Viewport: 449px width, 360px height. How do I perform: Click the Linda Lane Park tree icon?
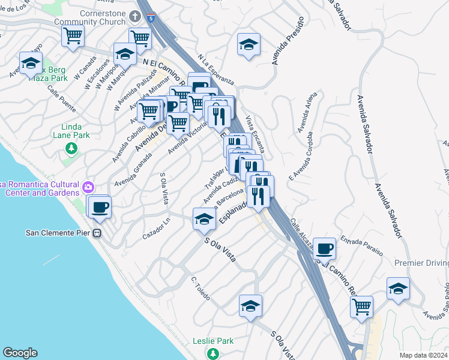click(x=71, y=148)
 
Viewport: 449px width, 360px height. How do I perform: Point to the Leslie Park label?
click(x=212, y=341)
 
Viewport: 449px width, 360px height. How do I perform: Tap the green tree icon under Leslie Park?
click(x=212, y=353)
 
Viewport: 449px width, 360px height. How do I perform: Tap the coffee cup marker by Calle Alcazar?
click(x=325, y=248)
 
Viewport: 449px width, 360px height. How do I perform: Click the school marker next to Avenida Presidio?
click(x=249, y=45)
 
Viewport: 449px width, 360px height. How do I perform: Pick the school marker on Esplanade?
click(x=204, y=220)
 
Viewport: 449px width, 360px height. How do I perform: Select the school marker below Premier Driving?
click(x=398, y=289)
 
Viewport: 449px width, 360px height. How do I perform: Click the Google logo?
click(x=20, y=353)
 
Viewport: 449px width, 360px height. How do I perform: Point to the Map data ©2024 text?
click(x=423, y=355)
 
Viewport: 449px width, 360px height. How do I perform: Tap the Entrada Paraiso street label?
click(x=362, y=247)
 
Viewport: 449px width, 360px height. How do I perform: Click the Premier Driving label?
click(x=421, y=263)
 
